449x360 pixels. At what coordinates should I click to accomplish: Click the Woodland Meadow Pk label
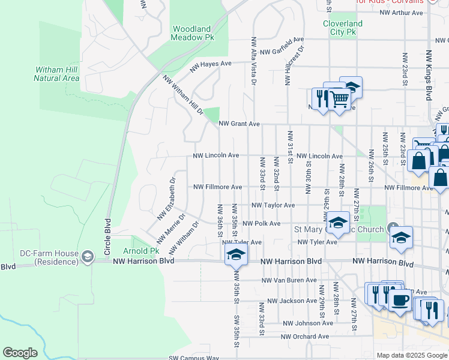point(193,32)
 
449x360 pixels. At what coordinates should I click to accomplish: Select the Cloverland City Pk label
point(343,28)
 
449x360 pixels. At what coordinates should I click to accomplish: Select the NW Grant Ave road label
point(239,124)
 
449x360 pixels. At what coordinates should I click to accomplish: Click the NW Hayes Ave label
point(211,66)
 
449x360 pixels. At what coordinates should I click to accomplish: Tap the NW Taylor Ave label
point(273,205)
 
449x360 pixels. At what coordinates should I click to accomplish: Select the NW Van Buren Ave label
point(289,280)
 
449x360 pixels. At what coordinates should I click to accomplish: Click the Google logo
point(20,353)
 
